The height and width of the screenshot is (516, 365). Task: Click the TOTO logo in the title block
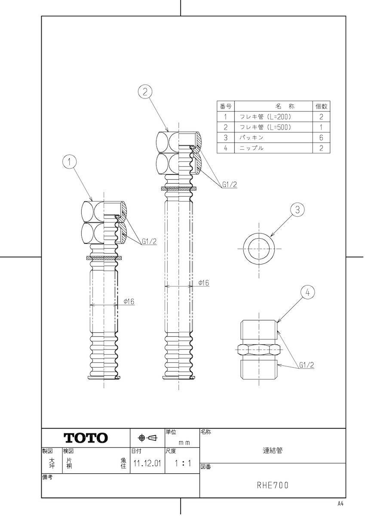click(86, 438)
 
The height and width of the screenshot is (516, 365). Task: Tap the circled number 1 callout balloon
click(69, 163)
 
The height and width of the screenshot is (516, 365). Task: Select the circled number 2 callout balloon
click(145, 92)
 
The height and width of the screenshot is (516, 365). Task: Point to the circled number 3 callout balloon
click(298, 210)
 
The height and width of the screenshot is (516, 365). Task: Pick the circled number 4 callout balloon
click(308, 292)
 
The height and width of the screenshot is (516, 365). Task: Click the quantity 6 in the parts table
click(321, 138)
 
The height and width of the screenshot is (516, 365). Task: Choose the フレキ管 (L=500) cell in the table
click(266, 127)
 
